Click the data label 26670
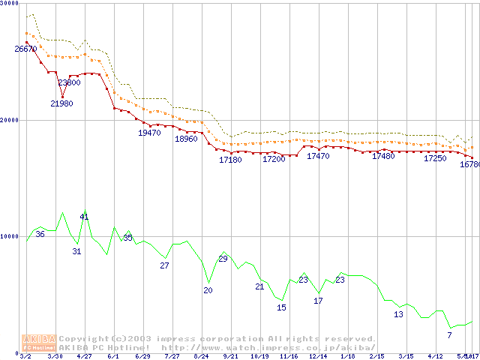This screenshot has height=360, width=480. (x=25, y=49)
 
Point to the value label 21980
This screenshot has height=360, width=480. (x=61, y=103)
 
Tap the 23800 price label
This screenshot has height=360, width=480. (x=69, y=83)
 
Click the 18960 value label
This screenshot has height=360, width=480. (x=186, y=139)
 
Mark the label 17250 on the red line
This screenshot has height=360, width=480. (x=435, y=158)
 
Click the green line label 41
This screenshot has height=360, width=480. (x=84, y=217)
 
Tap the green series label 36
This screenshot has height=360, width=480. (x=40, y=234)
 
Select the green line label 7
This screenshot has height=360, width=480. (x=449, y=334)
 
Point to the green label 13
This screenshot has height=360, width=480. (x=398, y=314)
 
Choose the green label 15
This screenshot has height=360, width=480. (x=281, y=307)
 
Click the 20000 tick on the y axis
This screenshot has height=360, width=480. (x=10, y=120)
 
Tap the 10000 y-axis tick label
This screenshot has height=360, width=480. (x=10, y=236)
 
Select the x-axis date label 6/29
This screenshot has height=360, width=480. (x=142, y=355)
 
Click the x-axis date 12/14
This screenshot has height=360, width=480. (x=319, y=355)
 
